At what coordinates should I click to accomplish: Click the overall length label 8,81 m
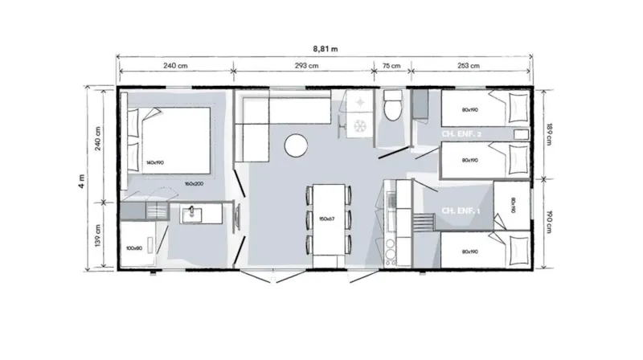point(325,48)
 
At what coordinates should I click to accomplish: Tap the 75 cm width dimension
point(391,67)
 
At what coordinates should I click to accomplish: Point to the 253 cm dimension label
point(469,67)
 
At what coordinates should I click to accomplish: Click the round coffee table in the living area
point(297,145)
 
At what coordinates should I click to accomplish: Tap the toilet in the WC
point(392,104)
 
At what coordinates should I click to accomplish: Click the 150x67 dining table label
point(326,218)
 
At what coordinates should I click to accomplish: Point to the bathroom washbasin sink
point(193,213)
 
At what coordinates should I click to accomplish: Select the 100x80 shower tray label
point(134,247)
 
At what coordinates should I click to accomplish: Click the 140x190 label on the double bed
point(154,162)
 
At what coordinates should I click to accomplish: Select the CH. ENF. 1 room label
point(461,211)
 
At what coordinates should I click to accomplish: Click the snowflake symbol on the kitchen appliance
point(359,125)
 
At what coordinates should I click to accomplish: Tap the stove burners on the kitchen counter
point(391,251)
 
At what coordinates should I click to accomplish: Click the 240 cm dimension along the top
point(175,67)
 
